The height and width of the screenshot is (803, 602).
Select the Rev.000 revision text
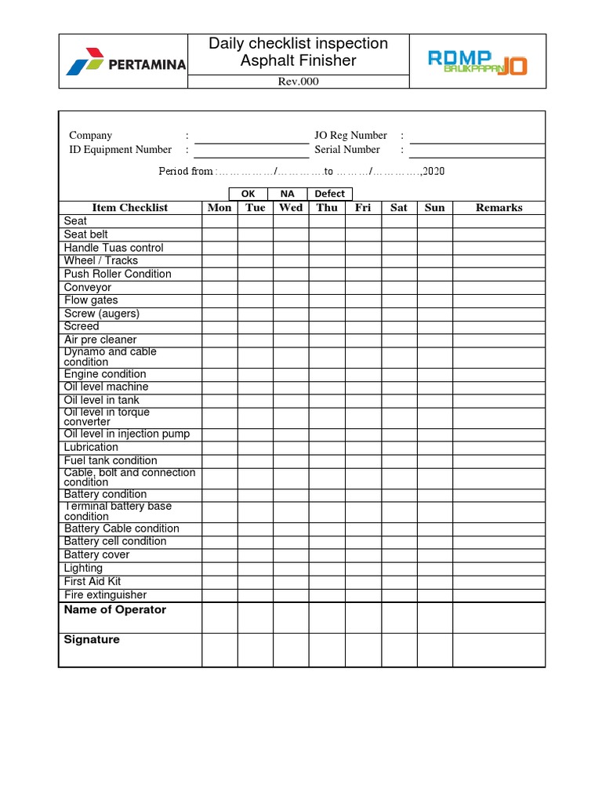[x=299, y=82]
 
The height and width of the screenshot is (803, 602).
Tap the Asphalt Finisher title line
[x=299, y=60]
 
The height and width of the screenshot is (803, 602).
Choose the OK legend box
[x=248, y=194]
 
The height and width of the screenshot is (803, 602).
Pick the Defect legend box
[x=330, y=194]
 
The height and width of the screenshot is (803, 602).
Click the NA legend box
[x=288, y=194]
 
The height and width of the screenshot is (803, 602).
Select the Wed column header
[x=291, y=208]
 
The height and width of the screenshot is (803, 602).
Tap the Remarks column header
[x=499, y=208]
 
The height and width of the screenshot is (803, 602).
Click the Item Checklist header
[x=130, y=208]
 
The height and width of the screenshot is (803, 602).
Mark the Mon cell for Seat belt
[x=219, y=234]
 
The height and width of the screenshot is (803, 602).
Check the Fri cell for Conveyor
[x=363, y=287]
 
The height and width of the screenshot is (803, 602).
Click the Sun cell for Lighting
[x=434, y=568]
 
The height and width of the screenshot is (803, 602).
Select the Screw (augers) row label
[x=102, y=314]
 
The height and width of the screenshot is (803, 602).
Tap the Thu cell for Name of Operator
[x=327, y=617]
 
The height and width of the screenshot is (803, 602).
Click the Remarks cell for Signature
[x=499, y=650]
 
